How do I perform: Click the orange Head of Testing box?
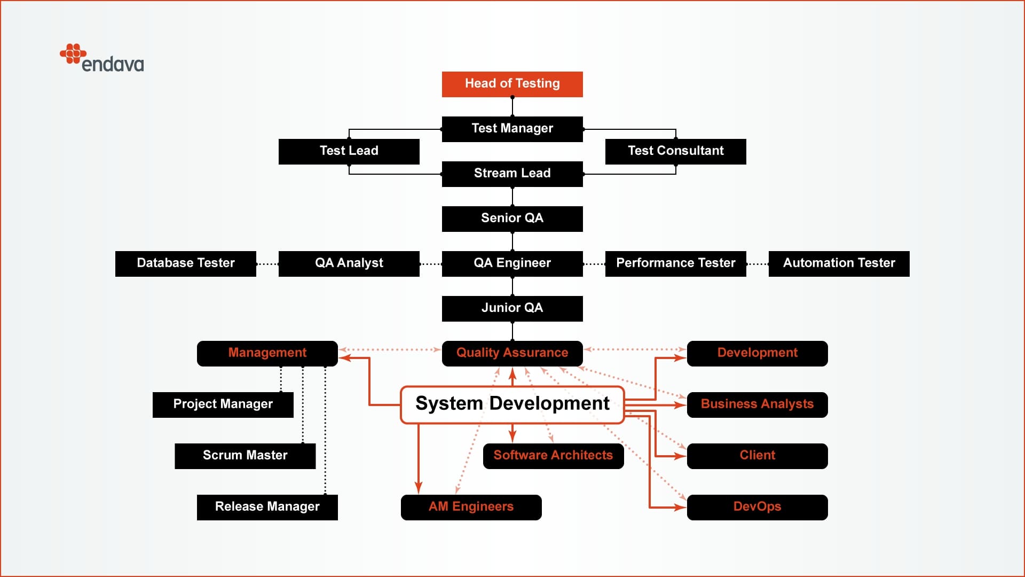512,84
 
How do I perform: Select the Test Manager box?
512,129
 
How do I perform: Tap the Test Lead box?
349,151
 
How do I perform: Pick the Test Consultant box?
675,151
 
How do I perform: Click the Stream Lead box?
512,174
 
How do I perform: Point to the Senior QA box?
512,219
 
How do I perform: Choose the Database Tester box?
185,263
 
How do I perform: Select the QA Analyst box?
349,263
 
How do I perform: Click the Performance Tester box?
675,263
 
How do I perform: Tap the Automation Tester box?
839,263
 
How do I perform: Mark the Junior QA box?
512,308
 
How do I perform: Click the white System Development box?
512,404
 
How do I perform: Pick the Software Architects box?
553,456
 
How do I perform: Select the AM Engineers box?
471,507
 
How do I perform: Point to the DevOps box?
757,507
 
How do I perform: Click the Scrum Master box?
245,456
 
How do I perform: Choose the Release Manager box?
267,507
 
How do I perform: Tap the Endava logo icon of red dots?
73,53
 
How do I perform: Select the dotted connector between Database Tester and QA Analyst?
267,264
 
